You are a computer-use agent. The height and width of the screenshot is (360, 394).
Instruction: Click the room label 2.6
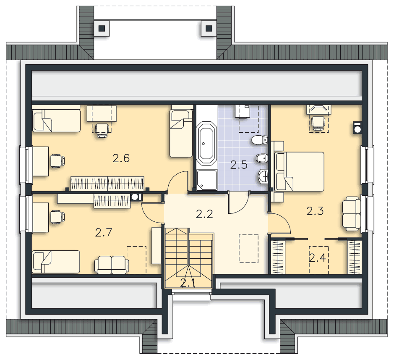point(121,158)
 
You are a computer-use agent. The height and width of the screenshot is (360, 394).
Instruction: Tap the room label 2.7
point(104,232)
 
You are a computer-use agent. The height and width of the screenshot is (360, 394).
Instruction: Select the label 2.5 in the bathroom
point(239,165)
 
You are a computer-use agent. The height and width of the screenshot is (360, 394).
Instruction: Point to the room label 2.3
point(315,211)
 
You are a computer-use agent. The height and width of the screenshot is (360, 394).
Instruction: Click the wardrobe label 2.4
point(317,258)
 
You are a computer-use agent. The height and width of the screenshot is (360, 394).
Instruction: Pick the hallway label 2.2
point(204,214)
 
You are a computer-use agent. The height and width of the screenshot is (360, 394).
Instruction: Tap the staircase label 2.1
point(188,283)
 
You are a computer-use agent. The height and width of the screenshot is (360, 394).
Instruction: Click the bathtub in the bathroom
point(207,144)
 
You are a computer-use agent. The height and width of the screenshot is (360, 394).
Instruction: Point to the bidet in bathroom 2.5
point(262,158)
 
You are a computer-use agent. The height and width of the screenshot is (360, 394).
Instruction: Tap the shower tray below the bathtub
point(207,180)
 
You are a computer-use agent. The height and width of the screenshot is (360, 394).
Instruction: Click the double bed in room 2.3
point(300,171)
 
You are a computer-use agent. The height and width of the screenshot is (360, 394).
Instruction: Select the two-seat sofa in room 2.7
point(112,265)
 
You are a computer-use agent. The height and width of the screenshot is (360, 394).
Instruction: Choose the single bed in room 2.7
point(56,262)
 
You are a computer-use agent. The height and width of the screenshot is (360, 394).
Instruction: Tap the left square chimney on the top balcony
point(102,28)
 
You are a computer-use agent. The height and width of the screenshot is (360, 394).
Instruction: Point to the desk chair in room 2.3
point(318,123)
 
